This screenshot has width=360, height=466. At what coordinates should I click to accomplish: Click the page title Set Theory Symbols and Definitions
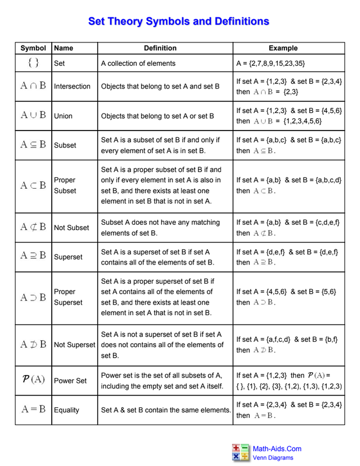tap(178, 22)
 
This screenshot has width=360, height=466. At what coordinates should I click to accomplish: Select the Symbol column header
tap(33, 48)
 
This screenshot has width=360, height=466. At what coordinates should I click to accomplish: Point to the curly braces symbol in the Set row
tap(33, 63)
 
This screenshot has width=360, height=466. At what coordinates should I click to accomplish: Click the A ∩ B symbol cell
tap(33, 86)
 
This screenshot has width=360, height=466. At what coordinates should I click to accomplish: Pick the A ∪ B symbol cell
tap(33, 115)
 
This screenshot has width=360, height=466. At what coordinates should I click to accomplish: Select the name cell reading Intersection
tap(72, 86)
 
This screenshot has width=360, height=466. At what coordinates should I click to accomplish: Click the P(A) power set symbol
tap(33, 380)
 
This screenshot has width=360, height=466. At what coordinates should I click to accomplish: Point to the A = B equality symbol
tap(33, 409)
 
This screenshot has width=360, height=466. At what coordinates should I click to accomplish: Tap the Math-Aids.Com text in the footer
tap(277, 449)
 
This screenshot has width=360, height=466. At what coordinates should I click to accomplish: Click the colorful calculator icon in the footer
tap(241, 452)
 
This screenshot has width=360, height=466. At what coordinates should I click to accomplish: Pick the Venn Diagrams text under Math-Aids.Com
tap(273, 458)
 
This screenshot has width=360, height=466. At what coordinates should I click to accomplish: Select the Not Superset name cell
tap(74, 345)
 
